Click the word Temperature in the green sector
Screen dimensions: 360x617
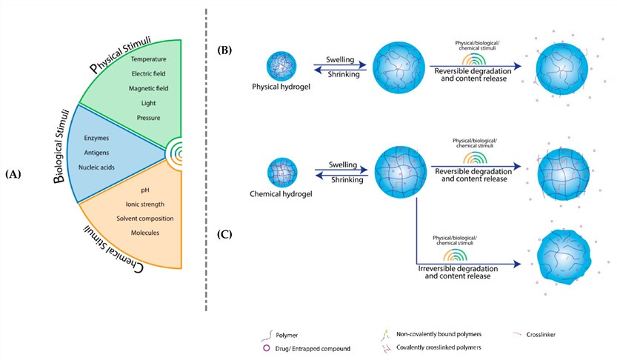tap(148, 59)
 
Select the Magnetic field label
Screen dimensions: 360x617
tap(148, 88)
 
